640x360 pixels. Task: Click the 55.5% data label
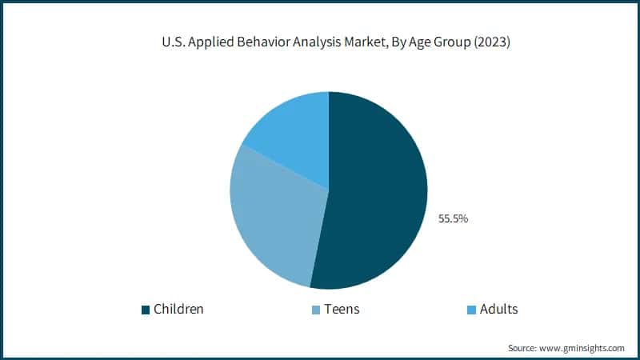pyautogui.click(x=453, y=218)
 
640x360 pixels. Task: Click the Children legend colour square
pyautogui.click(x=146, y=310)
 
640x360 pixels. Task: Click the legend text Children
pyautogui.click(x=178, y=309)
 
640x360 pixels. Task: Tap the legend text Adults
pyautogui.click(x=499, y=309)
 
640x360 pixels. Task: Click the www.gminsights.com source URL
pyautogui.click(x=582, y=348)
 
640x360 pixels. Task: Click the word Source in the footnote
pyautogui.click(x=523, y=348)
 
